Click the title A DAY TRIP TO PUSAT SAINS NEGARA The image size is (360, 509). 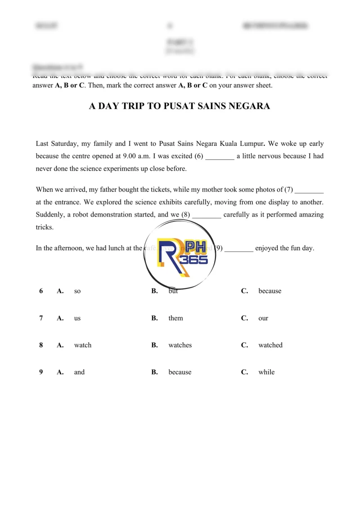(180, 106)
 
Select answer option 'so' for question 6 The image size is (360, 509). (77, 291)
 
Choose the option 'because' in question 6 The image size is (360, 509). (270, 291)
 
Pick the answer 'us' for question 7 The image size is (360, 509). (77, 318)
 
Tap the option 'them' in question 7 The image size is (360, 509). (175, 318)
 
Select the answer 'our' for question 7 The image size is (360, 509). (263, 318)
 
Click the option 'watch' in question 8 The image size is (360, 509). (82, 345)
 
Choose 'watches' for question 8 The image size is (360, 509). (180, 345)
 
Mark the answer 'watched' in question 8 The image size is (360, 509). (270, 345)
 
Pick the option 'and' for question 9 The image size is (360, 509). (79, 372)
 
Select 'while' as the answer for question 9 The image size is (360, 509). (266, 372)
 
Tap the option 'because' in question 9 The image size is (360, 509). (180, 372)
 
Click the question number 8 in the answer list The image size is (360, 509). (41, 345)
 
